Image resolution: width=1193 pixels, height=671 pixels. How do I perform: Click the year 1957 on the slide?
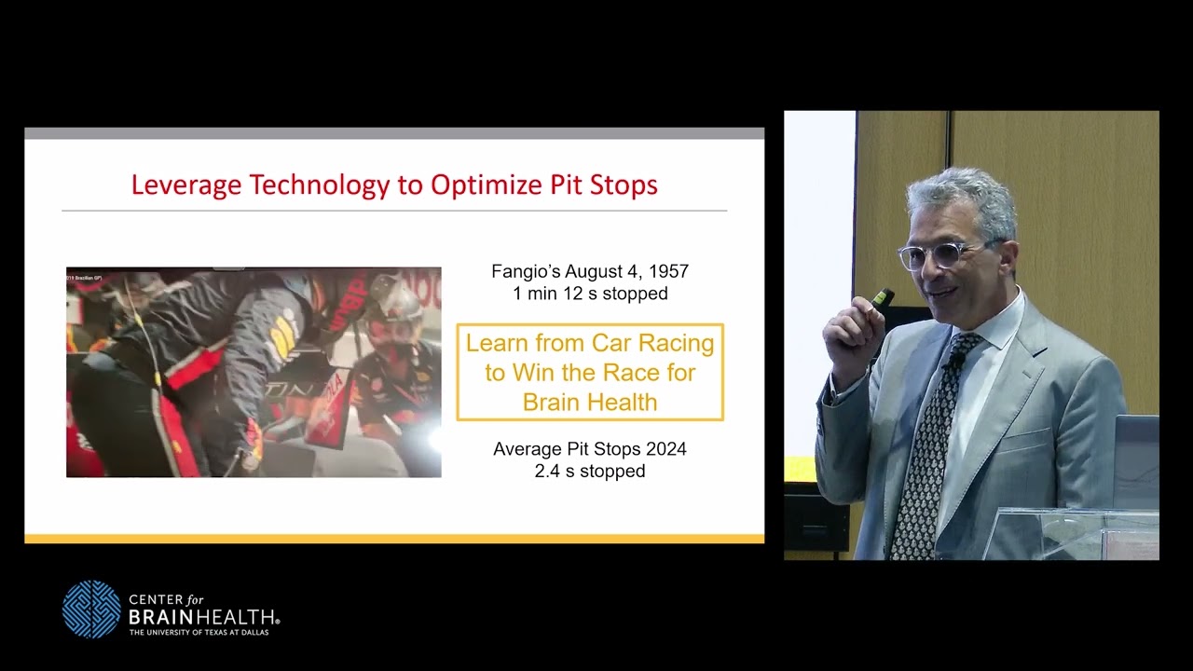point(667,272)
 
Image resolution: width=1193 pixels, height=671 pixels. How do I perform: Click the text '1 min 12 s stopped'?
point(590,294)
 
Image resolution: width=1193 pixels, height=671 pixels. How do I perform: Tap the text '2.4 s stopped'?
point(590,472)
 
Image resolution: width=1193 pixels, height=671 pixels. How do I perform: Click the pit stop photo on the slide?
point(254,373)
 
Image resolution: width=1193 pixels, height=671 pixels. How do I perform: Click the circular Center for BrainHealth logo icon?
point(91,609)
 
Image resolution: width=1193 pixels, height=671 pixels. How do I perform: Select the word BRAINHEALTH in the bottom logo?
point(202,617)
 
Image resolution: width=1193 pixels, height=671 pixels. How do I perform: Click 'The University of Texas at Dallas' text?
point(202,633)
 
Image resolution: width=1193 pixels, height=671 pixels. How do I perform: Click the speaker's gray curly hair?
point(960,196)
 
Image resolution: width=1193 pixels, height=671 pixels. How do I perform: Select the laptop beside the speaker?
point(1136,461)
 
